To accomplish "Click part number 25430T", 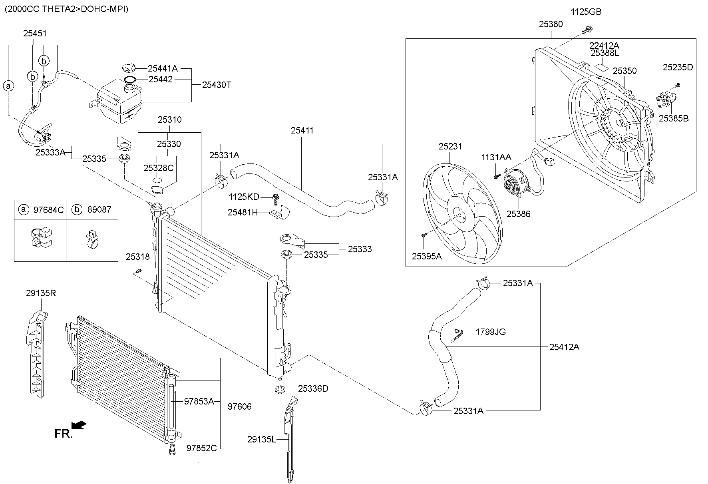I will point(217,85).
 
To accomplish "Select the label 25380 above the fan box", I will point(551,24).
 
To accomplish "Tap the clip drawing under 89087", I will point(92,239).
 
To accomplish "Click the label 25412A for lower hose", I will point(564,347).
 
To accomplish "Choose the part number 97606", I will point(240,406).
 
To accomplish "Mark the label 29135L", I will point(261,440).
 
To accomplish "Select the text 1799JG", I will point(491,332).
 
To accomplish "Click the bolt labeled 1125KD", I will point(276,197).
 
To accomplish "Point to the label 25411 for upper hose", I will point(302,130).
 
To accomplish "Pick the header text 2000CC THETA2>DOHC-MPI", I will point(66,9).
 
